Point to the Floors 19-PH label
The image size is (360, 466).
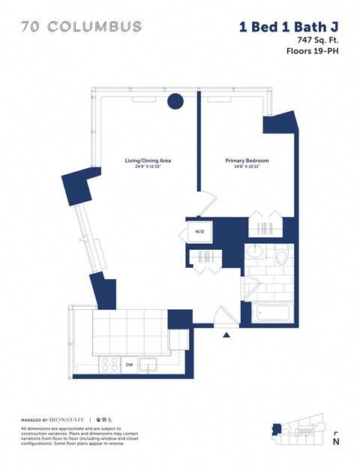click(311, 52)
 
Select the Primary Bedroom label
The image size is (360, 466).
click(247, 161)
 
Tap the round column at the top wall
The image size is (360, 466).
click(175, 101)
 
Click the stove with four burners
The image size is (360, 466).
click(109, 365)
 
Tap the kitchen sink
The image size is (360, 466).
click(151, 365)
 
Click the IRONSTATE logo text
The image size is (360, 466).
click(67, 419)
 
